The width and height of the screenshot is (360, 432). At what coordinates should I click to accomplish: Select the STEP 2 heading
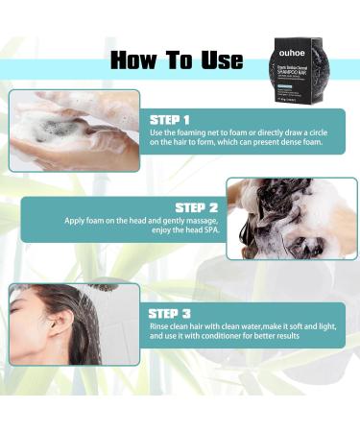[197, 205]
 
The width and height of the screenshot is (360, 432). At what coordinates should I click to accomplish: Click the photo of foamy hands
[74, 132]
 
